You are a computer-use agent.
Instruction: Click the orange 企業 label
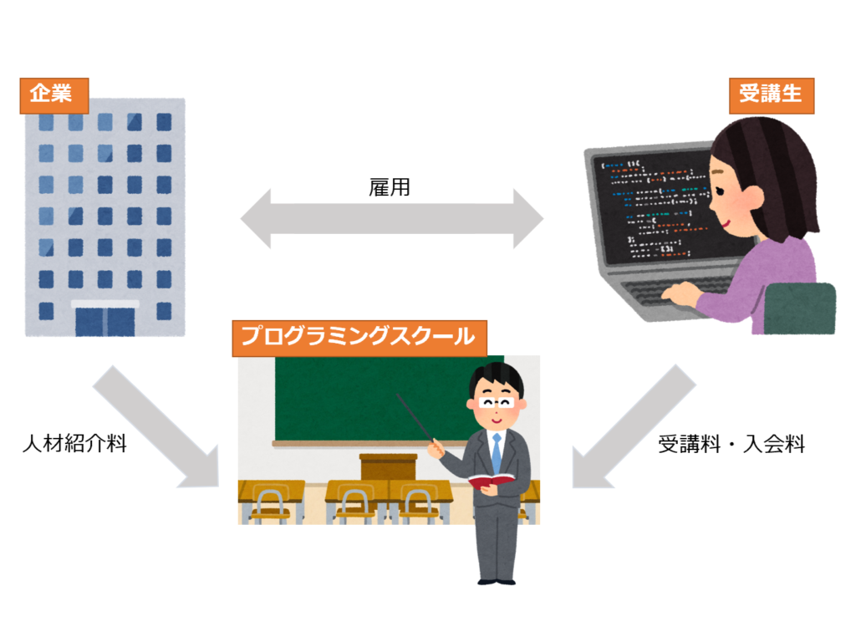click(54, 95)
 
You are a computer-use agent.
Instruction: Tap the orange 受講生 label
click(772, 95)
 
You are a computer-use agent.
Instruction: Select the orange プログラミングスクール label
click(359, 339)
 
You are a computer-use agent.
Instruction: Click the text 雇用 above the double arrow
click(390, 187)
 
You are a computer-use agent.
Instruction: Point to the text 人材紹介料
click(74, 443)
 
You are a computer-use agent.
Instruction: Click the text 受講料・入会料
click(731, 444)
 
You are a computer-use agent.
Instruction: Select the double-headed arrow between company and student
click(392, 219)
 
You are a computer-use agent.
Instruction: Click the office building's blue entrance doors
click(104, 322)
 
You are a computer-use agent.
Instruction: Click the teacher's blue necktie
click(497, 453)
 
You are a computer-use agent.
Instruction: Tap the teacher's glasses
click(497, 404)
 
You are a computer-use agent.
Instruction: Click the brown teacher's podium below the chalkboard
click(388, 466)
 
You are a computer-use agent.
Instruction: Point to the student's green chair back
click(800, 308)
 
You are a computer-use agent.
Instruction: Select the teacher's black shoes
click(497, 582)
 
